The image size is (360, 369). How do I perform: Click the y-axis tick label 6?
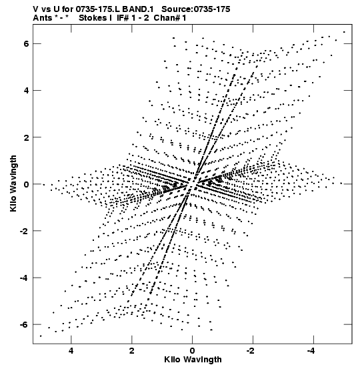(26, 44)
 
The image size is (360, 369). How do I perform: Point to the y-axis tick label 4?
(26, 91)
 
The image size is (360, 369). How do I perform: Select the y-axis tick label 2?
(26, 137)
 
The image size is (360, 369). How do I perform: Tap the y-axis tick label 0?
(26, 184)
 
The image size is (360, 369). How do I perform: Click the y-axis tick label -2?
(24, 231)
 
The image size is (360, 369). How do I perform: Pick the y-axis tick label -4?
(24, 278)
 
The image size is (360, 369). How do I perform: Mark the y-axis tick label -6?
(24, 324)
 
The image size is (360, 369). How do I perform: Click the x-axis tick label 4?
(71, 351)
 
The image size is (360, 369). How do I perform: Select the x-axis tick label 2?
(132, 351)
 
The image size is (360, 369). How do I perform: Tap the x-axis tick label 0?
(193, 351)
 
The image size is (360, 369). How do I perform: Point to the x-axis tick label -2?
(251, 351)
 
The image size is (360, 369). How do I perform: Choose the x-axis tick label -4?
(312, 351)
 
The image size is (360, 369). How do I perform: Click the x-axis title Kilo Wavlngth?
(193, 360)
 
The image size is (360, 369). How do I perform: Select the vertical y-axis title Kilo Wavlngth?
(13, 183)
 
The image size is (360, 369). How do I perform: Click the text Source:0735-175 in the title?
(196, 9)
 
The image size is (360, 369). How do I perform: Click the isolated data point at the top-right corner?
(344, 32)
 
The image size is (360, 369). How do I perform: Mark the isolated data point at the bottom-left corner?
(41, 336)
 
